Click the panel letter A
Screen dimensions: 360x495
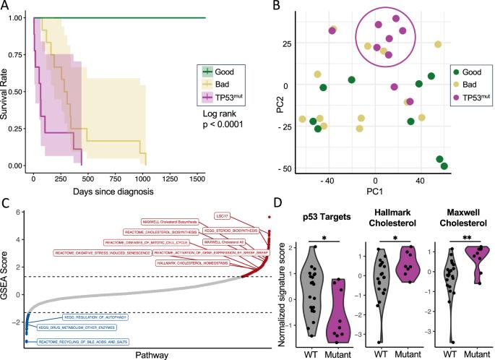[6, 7]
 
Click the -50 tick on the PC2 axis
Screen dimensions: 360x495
[288, 168]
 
